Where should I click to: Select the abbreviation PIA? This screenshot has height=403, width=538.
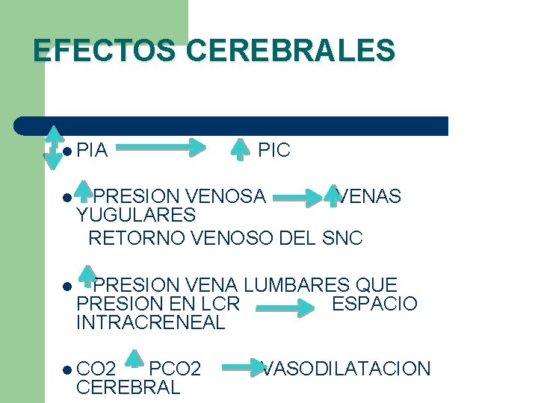click(x=93, y=151)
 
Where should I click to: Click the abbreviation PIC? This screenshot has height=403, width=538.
click(x=273, y=151)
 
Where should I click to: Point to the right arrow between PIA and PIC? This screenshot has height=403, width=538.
click(x=161, y=148)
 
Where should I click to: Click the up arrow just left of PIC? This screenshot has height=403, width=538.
click(x=239, y=149)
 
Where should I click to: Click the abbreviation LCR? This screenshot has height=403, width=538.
click(x=221, y=304)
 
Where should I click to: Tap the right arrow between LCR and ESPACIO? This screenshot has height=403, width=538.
click(x=285, y=307)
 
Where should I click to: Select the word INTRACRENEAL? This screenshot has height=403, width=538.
click(x=150, y=323)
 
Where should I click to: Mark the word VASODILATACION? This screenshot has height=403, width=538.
click(x=346, y=369)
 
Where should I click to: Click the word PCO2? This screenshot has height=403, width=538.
click(x=175, y=369)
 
